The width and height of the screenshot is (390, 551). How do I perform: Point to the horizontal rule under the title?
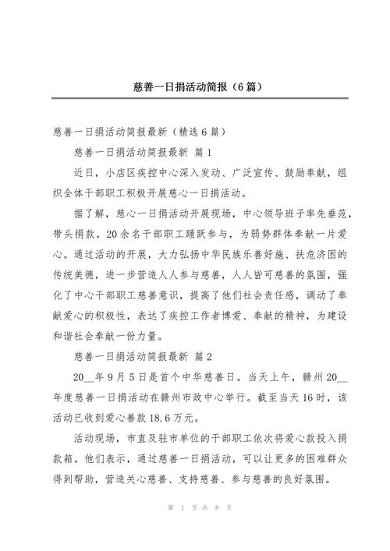click(195, 98)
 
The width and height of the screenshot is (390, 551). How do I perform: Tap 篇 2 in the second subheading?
click(201, 356)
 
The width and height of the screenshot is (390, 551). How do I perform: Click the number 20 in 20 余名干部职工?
click(110, 232)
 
